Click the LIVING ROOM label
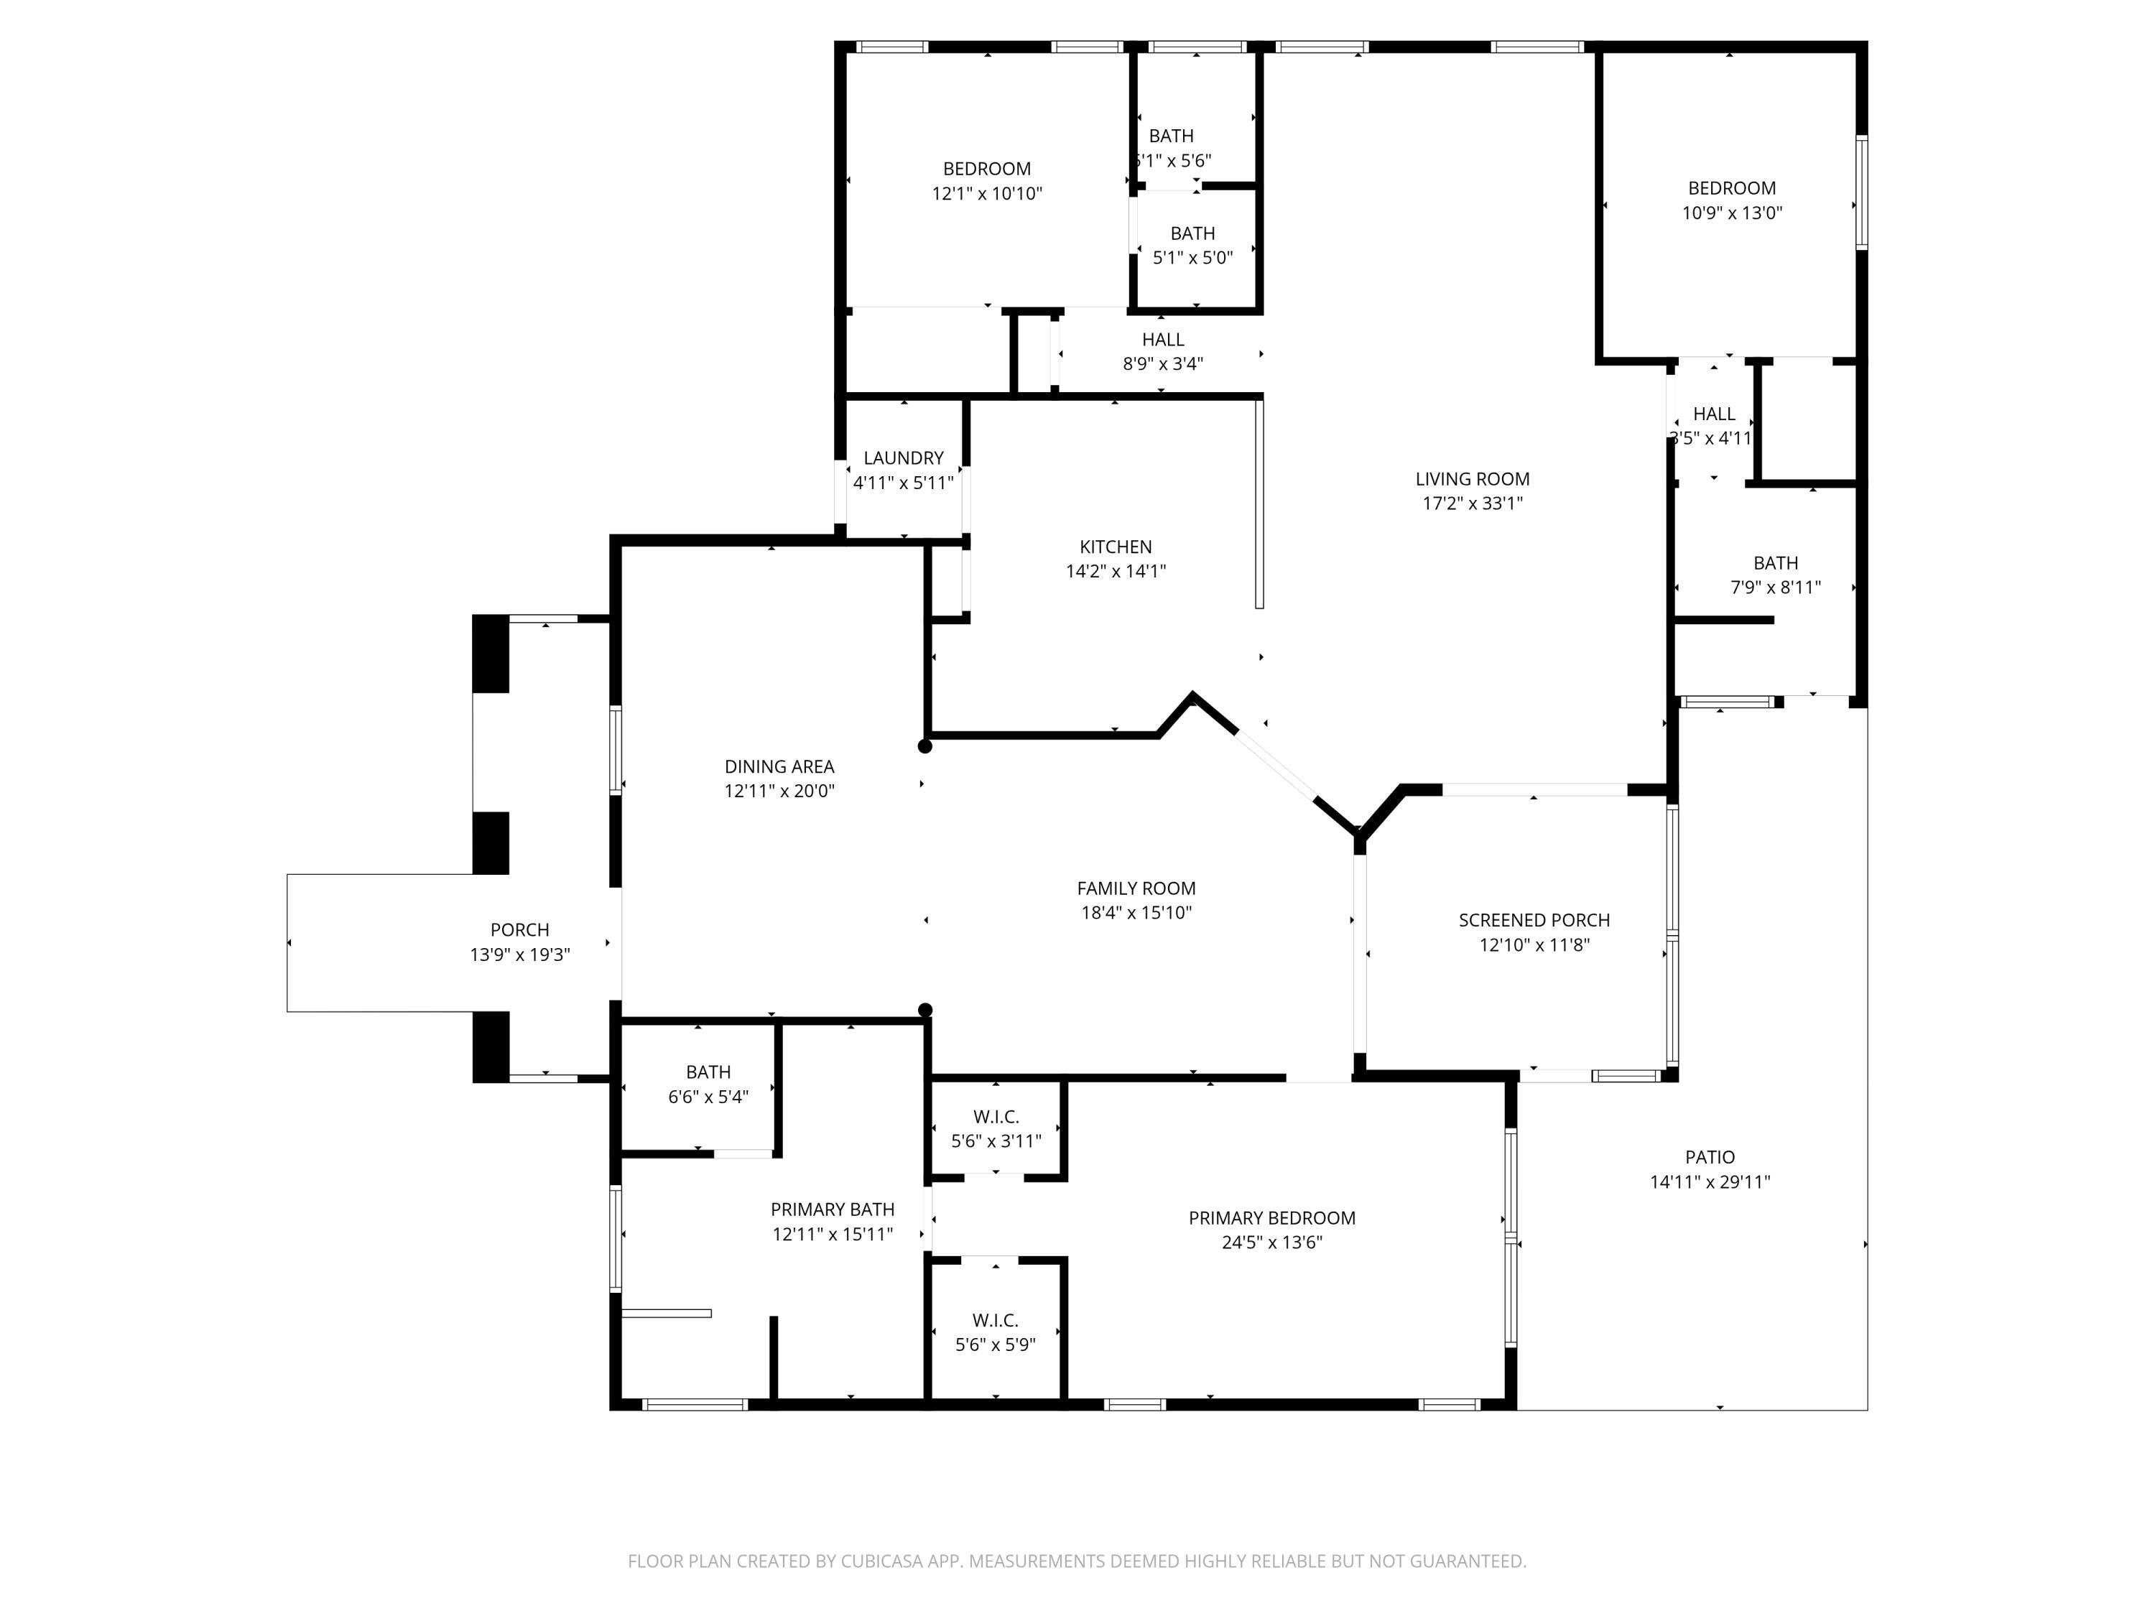point(1472,478)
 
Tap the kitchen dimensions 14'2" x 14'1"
point(1116,571)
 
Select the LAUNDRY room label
point(903,458)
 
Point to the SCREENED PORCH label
point(1534,919)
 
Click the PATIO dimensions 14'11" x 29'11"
point(1710,1181)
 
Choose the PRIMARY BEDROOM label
point(1271,1217)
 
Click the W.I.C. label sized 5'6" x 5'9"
point(995,1320)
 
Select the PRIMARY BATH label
point(832,1209)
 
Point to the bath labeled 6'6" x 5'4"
point(708,1072)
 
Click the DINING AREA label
point(779,766)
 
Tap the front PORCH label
point(519,929)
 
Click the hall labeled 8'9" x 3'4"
point(1163,339)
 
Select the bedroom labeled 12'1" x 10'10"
point(987,169)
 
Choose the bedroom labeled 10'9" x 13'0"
point(1731,188)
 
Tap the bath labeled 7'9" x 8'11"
point(1775,563)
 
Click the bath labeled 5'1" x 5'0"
point(1192,233)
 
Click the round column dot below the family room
point(925,1010)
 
